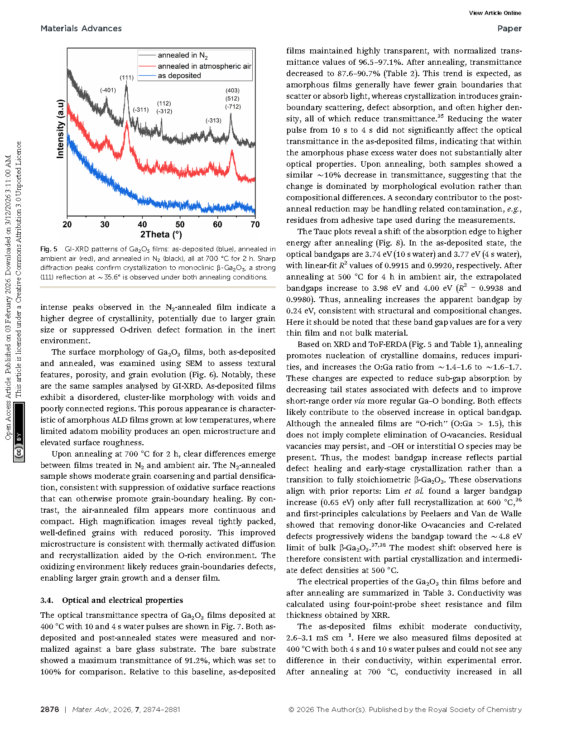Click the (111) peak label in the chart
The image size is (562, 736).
pyautogui.click(x=127, y=77)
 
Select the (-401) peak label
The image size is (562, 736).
pyautogui.click(x=108, y=90)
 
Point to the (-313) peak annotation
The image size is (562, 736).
pyautogui.click(x=213, y=120)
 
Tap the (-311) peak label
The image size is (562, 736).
pyautogui.click(x=141, y=110)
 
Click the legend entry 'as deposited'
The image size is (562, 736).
pyautogui.click(x=179, y=76)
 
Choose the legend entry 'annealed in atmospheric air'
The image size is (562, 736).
pyautogui.click(x=204, y=66)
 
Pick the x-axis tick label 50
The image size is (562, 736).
pyautogui.click(x=180, y=225)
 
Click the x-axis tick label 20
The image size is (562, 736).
pyautogui.click(x=67, y=225)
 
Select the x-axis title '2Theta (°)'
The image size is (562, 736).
pyautogui.click(x=161, y=235)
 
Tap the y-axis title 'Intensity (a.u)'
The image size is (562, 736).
pyautogui.click(x=60, y=129)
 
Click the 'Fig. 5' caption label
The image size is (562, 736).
pyautogui.click(x=49, y=249)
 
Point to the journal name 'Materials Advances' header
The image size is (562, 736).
pyautogui.click(x=81, y=29)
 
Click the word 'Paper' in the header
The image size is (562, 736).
pyautogui.click(x=509, y=29)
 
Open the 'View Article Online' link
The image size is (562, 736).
pyautogui.click(x=495, y=13)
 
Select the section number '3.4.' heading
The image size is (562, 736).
pyautogui.click(x=47, y=601)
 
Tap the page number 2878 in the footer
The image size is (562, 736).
pyautogui.click(x=50, y=710)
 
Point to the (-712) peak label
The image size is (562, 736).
pyautogui.click(x=233, y=107)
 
